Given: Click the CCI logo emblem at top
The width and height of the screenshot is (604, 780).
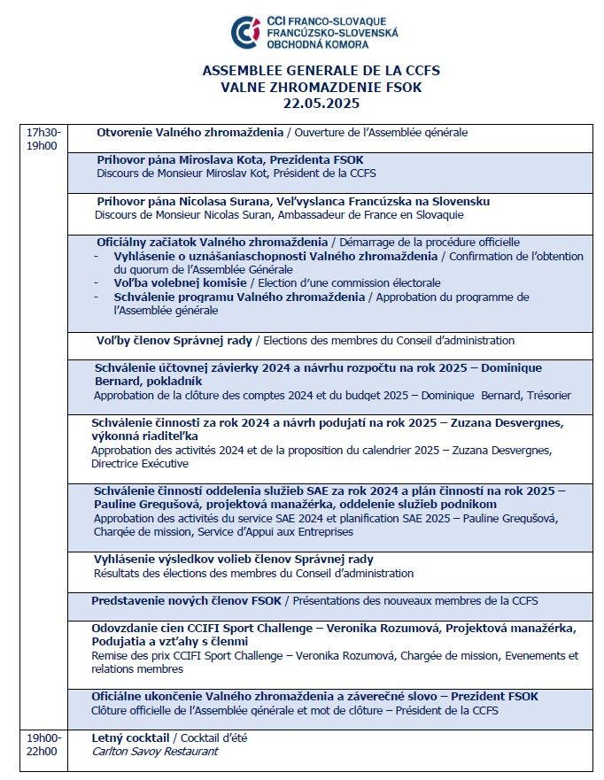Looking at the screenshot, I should [245, 32].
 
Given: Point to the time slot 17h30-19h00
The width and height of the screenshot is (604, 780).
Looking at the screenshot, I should [43, 139].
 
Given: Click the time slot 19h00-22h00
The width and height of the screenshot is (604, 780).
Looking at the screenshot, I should [43, 745].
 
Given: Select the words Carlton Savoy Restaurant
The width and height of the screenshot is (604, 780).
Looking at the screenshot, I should [155, 752].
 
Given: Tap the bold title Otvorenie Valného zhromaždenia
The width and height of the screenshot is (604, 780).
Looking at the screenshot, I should [189, 133].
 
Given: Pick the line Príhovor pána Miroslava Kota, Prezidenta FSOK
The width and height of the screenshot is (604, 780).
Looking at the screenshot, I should [229, 159].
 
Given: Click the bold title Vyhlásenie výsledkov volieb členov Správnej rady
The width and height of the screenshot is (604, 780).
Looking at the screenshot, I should [234, 560].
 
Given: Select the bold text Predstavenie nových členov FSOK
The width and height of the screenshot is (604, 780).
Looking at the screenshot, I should [186, 601].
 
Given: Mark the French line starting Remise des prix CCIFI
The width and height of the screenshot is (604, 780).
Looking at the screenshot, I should [334, 656].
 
